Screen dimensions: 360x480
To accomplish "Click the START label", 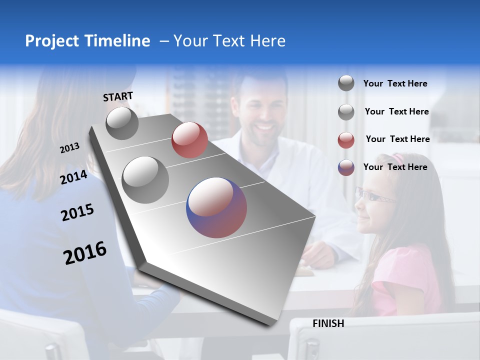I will [118, 96].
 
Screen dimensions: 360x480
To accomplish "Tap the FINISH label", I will [328, 323].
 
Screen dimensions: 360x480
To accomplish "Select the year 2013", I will [69, 148].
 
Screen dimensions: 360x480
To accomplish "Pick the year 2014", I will [73, 177].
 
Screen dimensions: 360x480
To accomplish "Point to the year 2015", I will [77, 212].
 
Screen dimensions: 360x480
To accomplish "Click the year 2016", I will [85, 253].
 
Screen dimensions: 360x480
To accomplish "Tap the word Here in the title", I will [267, 41].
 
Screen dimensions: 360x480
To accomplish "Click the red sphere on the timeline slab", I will [189, 140].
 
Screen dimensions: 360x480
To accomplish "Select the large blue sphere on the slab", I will [216, 207].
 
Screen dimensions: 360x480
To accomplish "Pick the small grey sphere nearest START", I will [122, 123].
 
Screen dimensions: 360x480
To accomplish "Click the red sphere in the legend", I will [346, 140].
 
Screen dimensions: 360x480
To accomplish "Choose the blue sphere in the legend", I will [346, 167].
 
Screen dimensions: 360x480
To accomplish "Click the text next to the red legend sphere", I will [397, 139].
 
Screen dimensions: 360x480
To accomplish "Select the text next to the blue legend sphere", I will [395, 167].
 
